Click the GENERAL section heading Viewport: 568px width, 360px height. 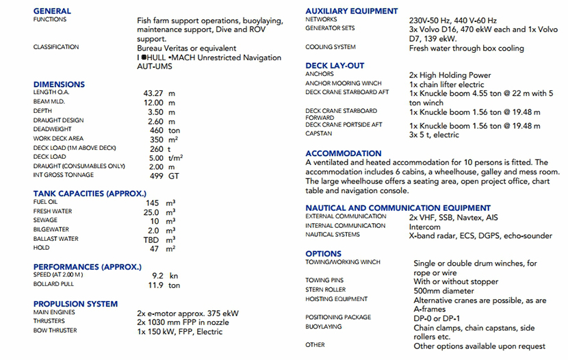click(x=52, y=11)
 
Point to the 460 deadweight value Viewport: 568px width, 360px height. click(x=157, y=129)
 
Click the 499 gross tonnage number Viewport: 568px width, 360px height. click(x=157, y=175)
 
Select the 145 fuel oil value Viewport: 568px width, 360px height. click(x=152, y=203)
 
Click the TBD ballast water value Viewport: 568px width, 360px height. click(x=152, y=240)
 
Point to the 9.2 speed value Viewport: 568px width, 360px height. click(x=157, y=276)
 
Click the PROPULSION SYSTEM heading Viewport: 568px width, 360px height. click(x=75, y=304)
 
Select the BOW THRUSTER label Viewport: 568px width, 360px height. click(x=55, y=331)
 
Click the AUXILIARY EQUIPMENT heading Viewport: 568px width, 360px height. click(x=351, y=11)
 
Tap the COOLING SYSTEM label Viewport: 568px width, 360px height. click(x=331, y=47)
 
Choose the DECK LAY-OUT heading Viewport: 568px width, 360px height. click(x=335, y=66)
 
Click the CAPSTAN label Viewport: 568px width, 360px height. click(x=318, y=134)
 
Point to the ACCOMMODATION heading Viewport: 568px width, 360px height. click(x=344, y=153)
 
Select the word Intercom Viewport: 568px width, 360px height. click(x=425, y=226)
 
